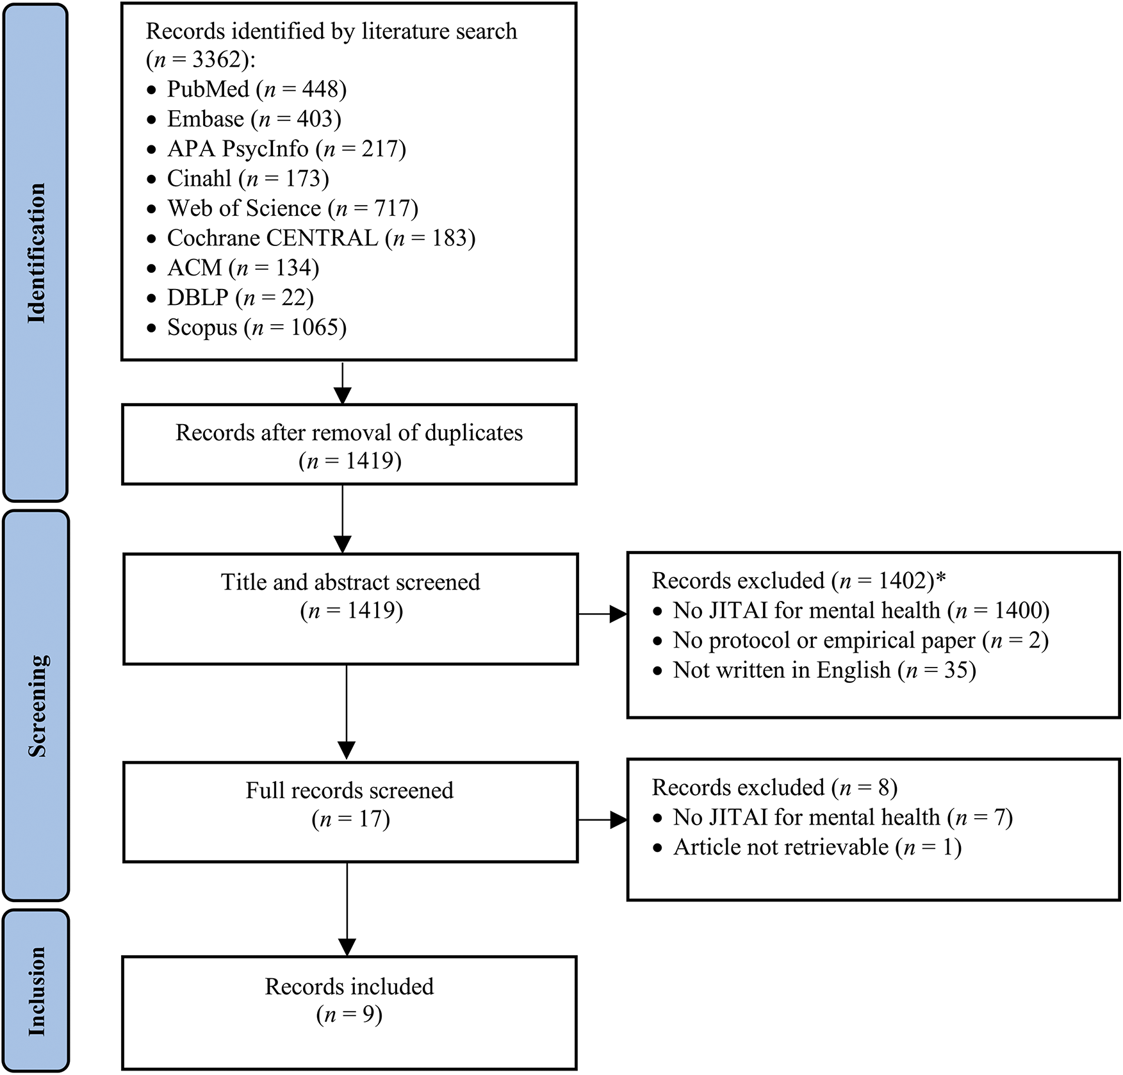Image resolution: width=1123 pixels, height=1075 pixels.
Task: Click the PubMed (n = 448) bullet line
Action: coord(256,89)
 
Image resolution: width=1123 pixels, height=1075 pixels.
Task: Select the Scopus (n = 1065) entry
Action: coord(256,327)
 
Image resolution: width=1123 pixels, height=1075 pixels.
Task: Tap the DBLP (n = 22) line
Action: coord(240,297)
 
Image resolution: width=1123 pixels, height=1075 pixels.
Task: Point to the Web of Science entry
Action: coord(292,208)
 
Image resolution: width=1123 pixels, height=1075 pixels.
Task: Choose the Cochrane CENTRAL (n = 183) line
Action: coord(320,238)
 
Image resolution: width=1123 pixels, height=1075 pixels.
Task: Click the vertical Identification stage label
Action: coord(36,253)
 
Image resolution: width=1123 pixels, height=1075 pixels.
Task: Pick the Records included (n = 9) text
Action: coord(349,1000)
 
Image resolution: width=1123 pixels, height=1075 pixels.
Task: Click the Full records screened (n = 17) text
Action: coord(350,804)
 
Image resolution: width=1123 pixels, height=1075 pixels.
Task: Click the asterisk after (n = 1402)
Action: coord(940,579)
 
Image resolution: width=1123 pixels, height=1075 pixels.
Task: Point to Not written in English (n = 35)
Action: coord(824,670)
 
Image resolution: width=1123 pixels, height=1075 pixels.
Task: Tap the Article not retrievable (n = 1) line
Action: coord(817,847)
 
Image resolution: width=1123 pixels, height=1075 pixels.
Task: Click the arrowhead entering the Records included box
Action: coord(347,946)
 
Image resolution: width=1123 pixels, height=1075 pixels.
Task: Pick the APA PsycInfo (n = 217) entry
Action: coord(286,149)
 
